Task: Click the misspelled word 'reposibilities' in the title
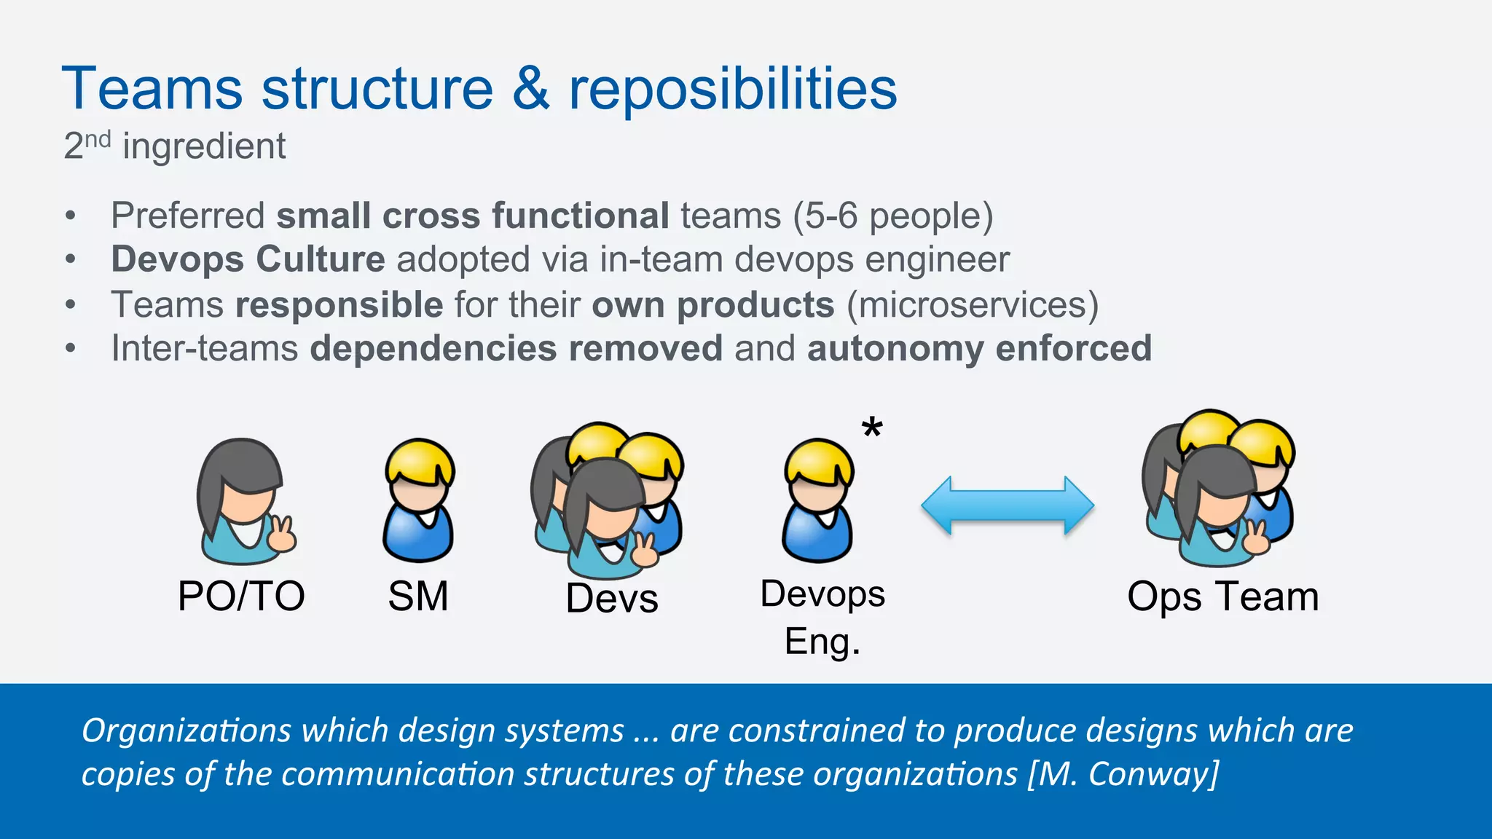tap(732, 89)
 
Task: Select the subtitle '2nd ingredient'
tap(174, 146)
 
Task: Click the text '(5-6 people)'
tap(893, 216)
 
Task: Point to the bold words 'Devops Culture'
tap(248, 260)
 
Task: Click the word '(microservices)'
tap(972, 304)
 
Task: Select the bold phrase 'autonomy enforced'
tap(979, 348)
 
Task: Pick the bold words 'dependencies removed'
tap(516, 348)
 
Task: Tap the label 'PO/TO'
tap(241, 596)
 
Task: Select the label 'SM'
tap(417, 596)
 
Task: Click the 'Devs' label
tap(612, 599)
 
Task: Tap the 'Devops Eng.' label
tap(822, 618)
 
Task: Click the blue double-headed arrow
tap(1008, 505)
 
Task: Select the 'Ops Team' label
tap(1222, 596)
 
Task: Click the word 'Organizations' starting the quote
tap(186, 730)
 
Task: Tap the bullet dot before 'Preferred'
tap(71, 216)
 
